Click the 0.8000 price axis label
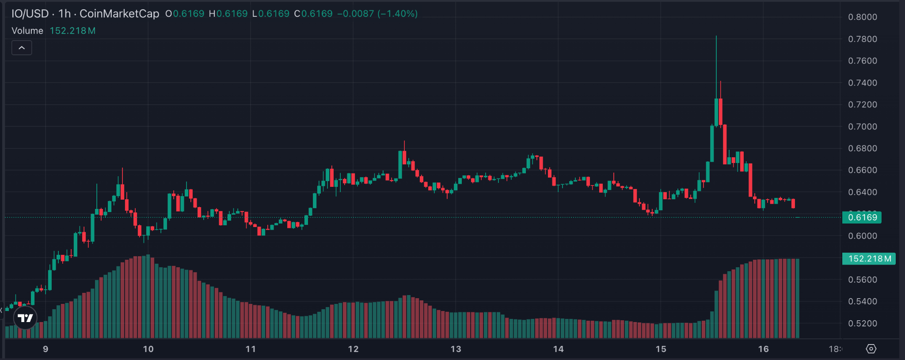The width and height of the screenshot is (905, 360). point(862,17)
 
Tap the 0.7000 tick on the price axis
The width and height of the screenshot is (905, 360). point(862,127)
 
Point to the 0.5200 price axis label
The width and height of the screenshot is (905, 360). point(862,323)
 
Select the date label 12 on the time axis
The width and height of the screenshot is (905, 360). point(353,349)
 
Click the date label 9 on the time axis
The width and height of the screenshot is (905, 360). point(46,349)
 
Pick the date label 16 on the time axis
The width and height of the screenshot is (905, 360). point(763,349)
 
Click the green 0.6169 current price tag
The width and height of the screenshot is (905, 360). point(862,217)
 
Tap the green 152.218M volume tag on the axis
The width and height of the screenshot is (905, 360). point(869,259)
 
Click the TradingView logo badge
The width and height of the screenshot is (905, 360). point(25,318)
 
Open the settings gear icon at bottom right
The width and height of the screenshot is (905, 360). point(871,349)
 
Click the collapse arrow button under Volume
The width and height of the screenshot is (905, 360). point(22,48)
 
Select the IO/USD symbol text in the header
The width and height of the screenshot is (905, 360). point(30,14)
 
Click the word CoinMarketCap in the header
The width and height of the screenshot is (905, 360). point(119,14)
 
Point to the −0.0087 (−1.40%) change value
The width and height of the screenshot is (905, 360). point(377,14)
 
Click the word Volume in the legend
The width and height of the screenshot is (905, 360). point(27,31)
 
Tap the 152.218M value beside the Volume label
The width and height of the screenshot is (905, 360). point(72,31)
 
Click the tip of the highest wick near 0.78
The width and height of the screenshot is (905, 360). point(716,36)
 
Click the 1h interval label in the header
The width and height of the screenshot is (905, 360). point(65,14)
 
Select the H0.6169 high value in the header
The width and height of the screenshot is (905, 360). point(228,14)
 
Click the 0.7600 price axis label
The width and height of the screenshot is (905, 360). point(862,61)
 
